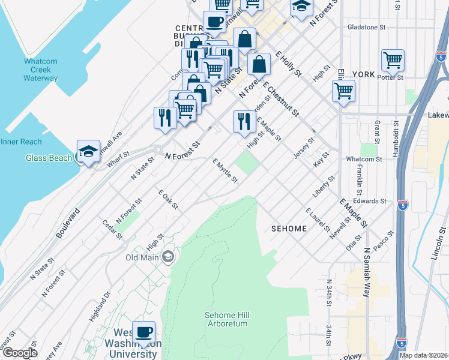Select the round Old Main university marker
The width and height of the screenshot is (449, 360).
pos(167,257)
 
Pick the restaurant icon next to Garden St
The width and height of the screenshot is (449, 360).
pos(244,122)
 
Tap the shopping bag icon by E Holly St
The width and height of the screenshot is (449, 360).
pos(258,65)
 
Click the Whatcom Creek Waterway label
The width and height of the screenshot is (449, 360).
pos(41,70)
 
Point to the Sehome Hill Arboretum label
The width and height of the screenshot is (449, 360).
pos(226,319)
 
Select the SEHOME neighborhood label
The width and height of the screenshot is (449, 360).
pos(289,229)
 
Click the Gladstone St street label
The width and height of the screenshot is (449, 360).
pos(366,28)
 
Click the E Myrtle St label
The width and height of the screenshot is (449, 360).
pos(225,171)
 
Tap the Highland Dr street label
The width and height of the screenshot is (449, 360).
pos(99,305)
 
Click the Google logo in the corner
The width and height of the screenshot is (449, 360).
pos(20,353)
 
